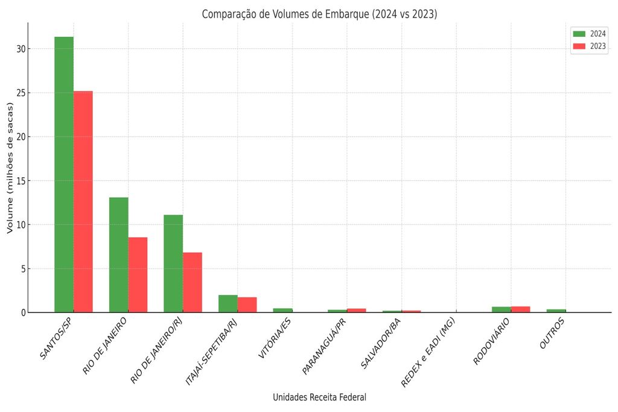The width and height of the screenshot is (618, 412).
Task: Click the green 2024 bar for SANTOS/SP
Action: coord(64,174)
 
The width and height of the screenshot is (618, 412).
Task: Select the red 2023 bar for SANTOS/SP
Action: coord(83,201)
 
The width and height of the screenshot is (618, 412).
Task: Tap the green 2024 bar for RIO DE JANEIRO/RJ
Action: coord(173,264)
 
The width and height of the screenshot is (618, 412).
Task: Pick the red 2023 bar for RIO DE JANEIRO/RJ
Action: coord(193,282)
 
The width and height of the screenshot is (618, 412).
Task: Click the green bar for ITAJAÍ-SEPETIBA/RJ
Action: coord(228,303)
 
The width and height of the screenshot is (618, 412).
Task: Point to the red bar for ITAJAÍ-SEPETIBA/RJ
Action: coord(247,305)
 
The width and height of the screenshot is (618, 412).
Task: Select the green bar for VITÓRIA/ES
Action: coord(282,310)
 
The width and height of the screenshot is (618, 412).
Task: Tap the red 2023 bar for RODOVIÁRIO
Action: coord(520,309)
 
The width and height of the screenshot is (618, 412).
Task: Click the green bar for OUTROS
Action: coord(556,311)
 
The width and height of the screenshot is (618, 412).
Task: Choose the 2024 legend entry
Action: coord(589,33)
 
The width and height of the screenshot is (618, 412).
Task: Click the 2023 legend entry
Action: coord(589,46)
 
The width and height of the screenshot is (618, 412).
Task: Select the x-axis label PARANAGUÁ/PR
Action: coord(325,346)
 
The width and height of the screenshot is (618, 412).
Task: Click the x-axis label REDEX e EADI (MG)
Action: coord(428,352)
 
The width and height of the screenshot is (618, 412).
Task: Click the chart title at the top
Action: coord(319,14)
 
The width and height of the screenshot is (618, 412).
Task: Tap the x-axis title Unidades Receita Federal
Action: coord(319,397)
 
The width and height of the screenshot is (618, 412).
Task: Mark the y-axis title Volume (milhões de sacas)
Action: coord(10,168)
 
